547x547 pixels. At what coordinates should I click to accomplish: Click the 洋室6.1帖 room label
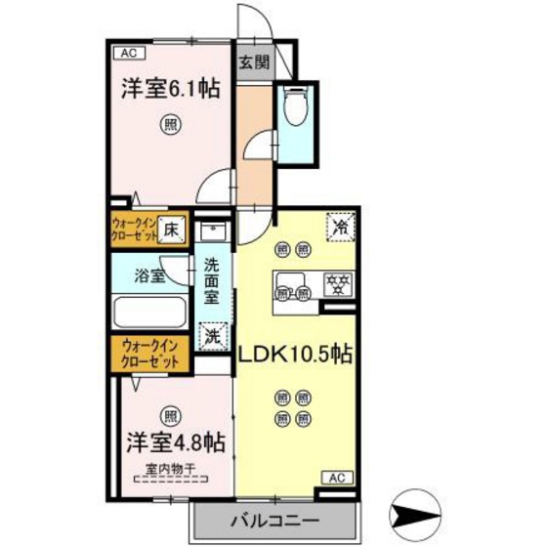(x=169, y=88)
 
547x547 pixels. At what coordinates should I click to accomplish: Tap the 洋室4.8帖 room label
(x=176, y=442)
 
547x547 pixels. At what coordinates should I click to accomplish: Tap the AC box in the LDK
(x=336, y=478)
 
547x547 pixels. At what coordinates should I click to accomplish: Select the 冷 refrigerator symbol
(x=341, y=226)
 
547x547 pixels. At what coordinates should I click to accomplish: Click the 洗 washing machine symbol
(x=212, y=335)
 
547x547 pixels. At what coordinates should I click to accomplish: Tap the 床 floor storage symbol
(x=170, y=231)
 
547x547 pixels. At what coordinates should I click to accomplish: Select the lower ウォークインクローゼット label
(x=150, y=353)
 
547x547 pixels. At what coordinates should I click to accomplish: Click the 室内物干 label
(x=170, y=470)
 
